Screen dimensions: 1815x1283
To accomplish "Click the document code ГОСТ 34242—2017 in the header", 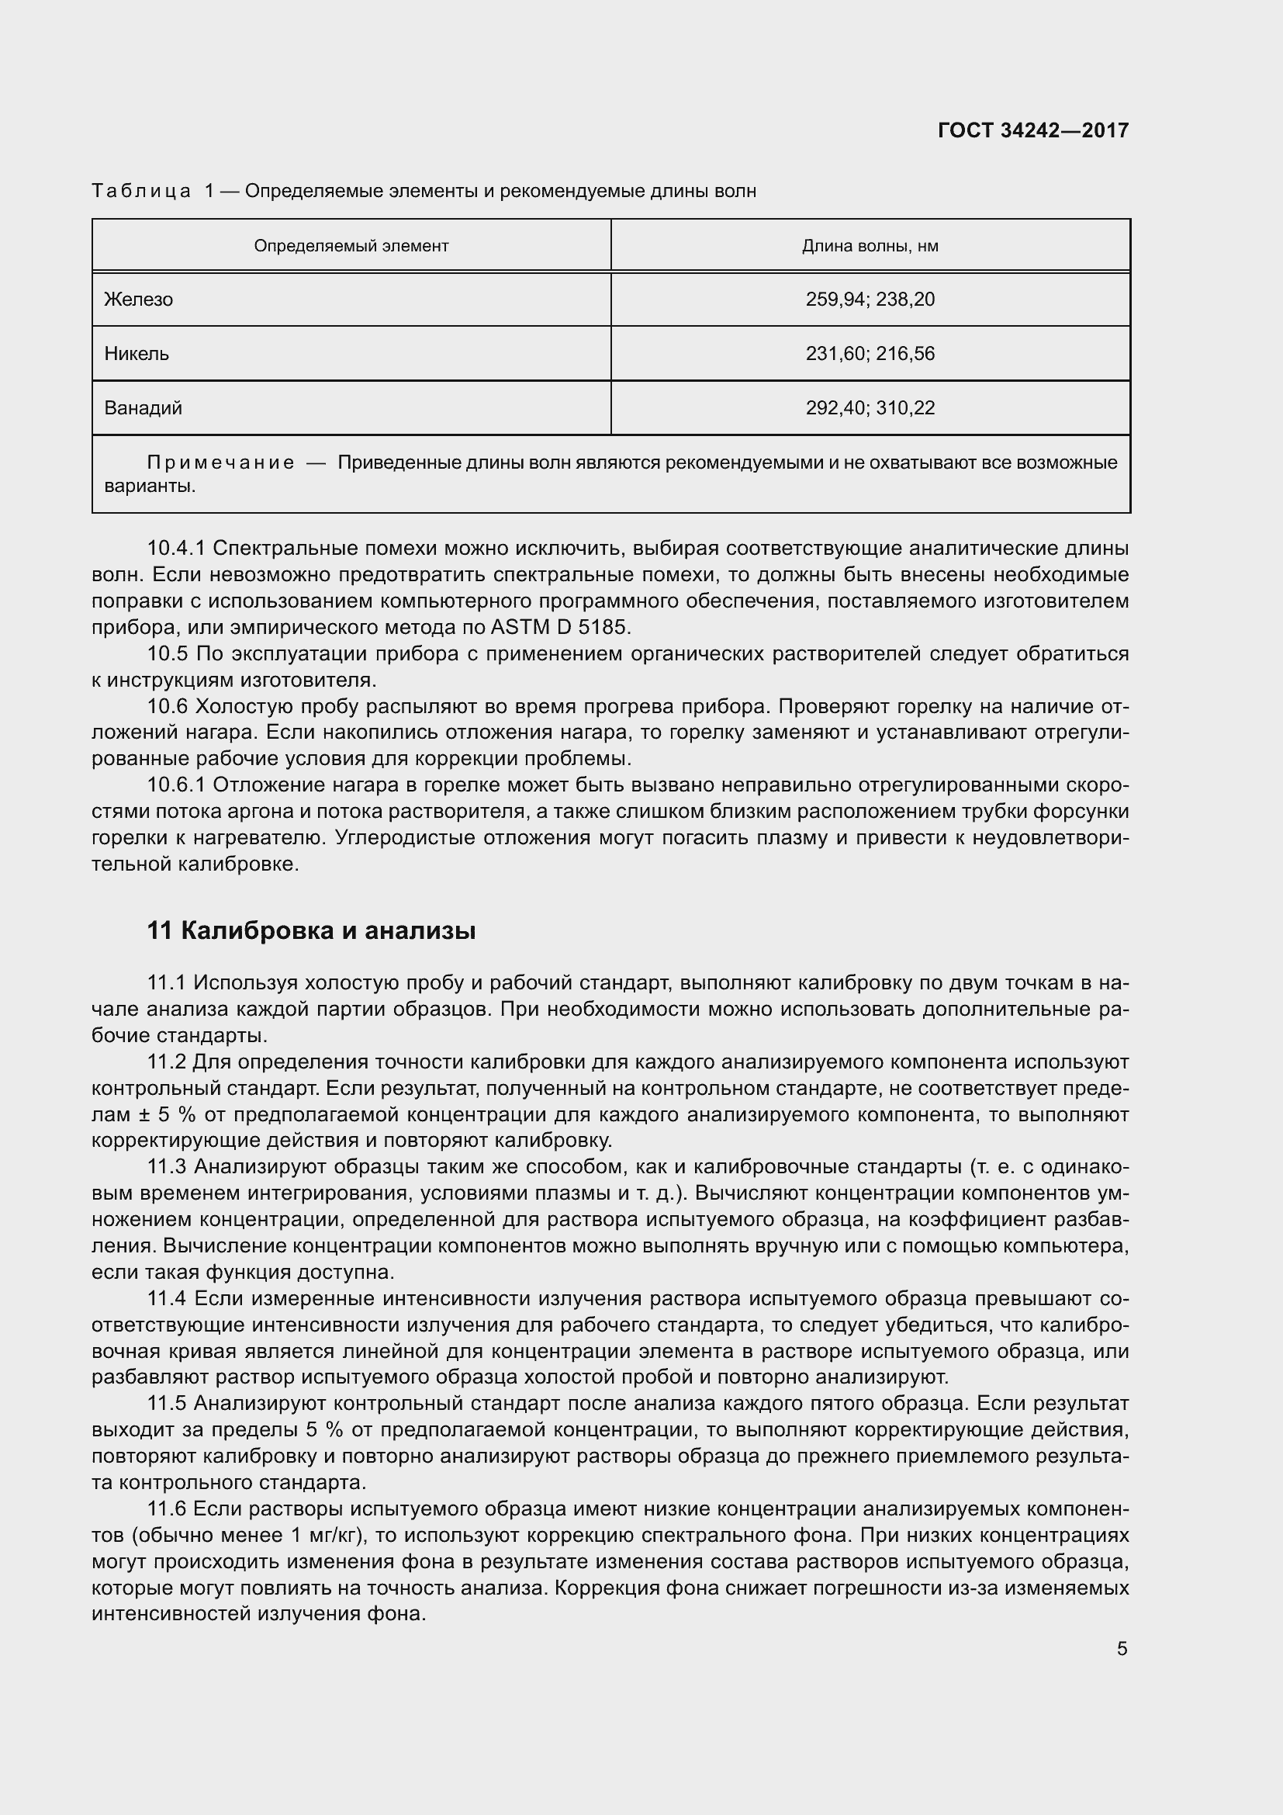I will (x=1032, y=130).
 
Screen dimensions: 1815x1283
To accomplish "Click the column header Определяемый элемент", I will (x=351, y=246).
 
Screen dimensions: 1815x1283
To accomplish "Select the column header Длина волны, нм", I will (x=870, y=246).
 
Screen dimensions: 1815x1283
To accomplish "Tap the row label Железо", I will (x=138, y=300).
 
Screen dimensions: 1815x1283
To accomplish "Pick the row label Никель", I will (x=137, y=353).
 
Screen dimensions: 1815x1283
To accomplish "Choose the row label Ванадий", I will (x=143, y=408).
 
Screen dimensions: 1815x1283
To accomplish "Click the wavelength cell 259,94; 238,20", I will (x=870, y=300).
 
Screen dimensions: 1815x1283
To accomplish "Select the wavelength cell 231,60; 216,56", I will (x=870, y=353).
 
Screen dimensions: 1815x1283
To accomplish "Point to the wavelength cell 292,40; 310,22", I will (x=870, y=408).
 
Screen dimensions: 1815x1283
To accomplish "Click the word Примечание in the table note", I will (x=221, y=462).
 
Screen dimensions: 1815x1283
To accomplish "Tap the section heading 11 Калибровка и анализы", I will (x=311, y=931).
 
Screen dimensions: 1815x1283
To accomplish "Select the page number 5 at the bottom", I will (x=1122, y=1649).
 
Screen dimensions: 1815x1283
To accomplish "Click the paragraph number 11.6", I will (x=166, y=1509).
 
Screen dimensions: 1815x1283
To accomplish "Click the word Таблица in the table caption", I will (x=141, y=192).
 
